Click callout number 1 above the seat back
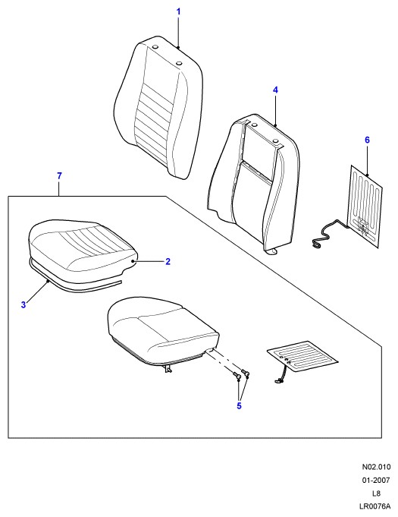tap(178, 12)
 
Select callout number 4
tap(275, 90)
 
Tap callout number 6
tap(367, 140)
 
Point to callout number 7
tap(59, 176)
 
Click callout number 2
tap(168, 261)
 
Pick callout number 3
tap(24, 304)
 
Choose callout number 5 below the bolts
tap(239, 405)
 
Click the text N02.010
tap(376, 467)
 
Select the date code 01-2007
tap(376, 481)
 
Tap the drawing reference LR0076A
tap(375, 506)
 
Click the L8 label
tap(376, 493)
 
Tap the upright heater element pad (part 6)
tap(366, 206)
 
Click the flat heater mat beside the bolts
tap(302, 357)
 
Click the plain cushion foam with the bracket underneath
tap(163, 333)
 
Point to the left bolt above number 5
tap(237, 375)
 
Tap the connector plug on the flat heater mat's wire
tap(277, 382)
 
